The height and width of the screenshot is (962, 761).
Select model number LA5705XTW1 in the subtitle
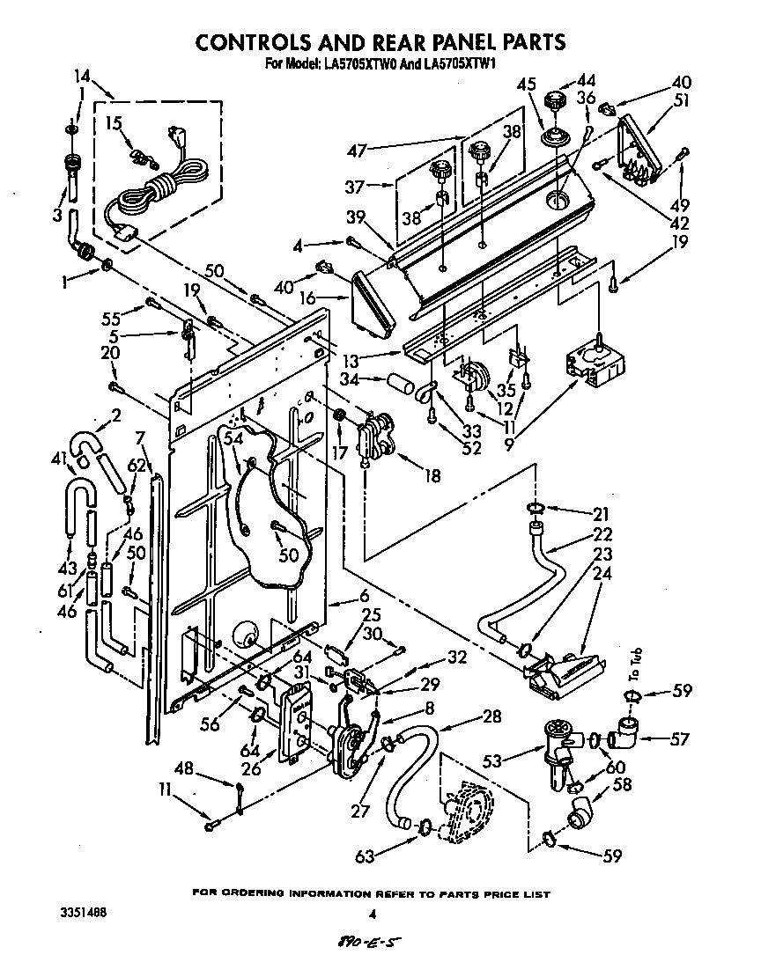[x=458, y=63]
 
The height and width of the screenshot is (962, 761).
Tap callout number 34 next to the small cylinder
[x=349, y=379]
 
